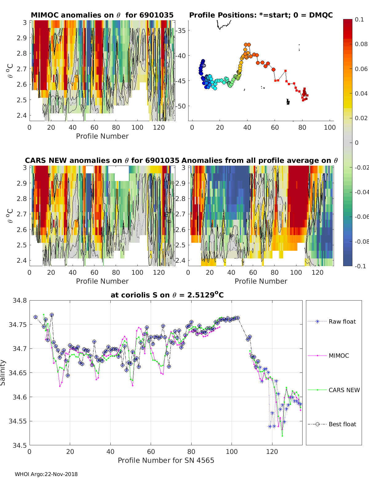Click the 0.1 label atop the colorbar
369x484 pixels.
[359, 19]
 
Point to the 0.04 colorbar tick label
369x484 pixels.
[361, 93]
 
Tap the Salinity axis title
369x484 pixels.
[3, 372]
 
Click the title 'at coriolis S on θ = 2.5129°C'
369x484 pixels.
[167, 295]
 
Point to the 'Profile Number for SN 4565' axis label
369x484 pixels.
[166, 460]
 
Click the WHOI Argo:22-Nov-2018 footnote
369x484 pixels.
[46, 474]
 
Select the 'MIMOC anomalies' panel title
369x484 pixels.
[102, 15]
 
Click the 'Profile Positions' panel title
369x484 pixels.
[261, 15]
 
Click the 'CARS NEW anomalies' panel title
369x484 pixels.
[102, 160]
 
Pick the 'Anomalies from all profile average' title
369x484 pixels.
[260, 160]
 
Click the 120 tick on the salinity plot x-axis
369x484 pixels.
[272, 451]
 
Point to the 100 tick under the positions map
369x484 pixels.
[330, 127]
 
